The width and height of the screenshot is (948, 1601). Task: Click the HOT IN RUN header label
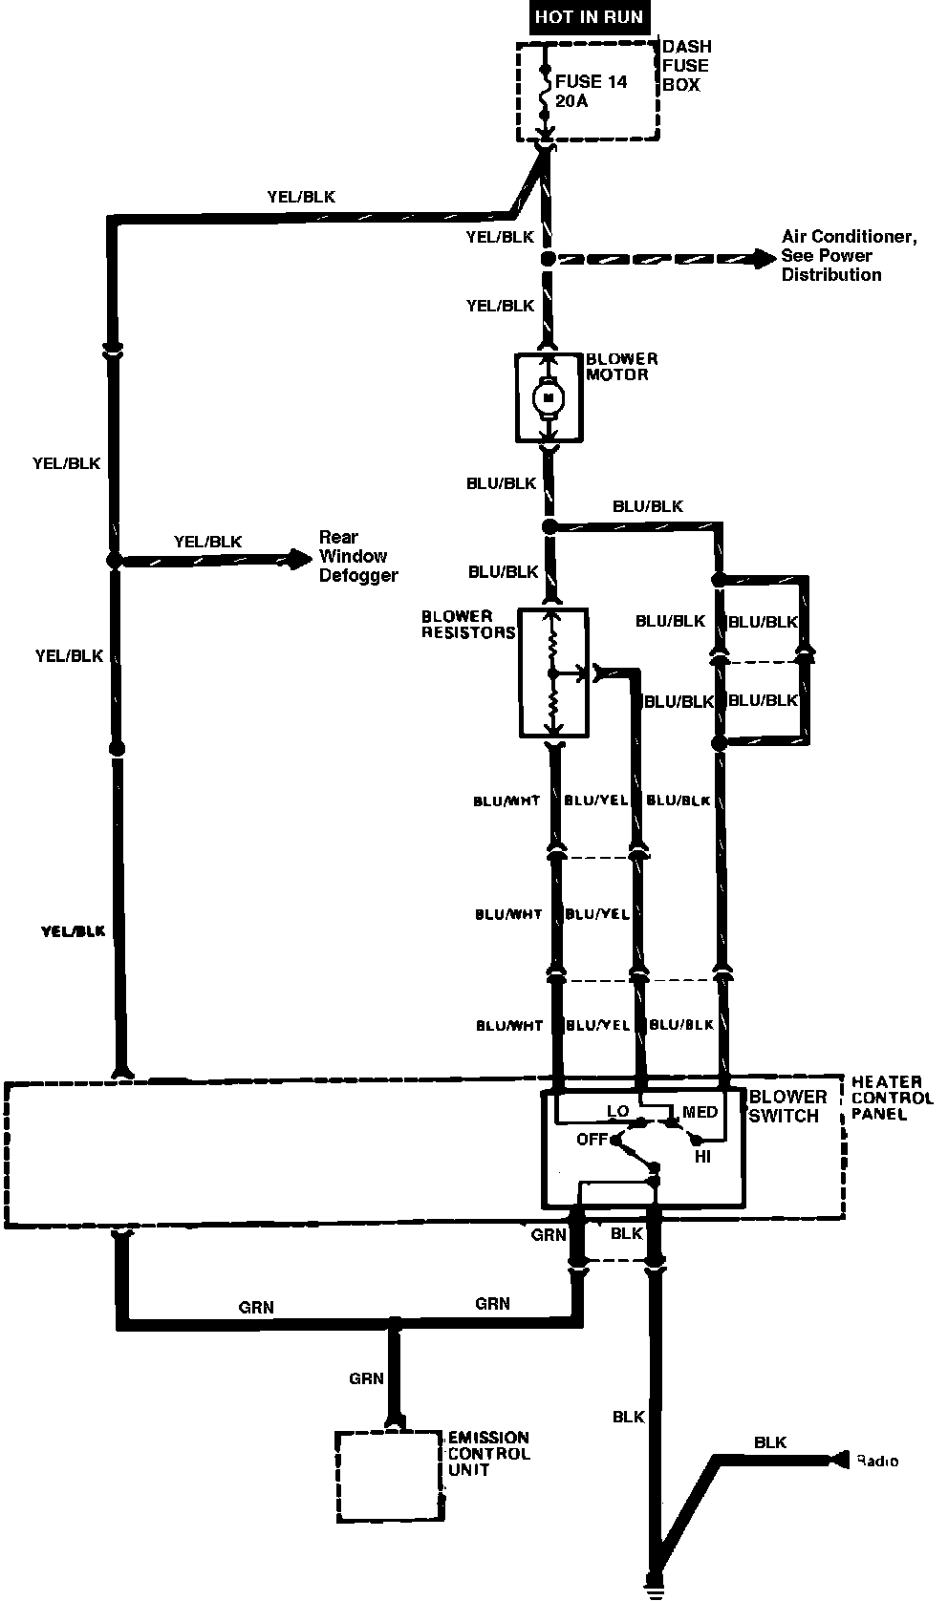(588, 17)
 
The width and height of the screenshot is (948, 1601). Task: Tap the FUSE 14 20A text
(591, 91)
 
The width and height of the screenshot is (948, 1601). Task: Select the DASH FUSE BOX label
(686, 65)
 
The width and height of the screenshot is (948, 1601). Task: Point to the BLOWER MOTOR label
(621, 367)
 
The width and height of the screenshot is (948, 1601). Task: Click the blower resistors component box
(553, 672)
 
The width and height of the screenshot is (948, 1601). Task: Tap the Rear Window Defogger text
(357, 557)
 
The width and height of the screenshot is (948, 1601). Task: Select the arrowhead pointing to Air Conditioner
(765, 257)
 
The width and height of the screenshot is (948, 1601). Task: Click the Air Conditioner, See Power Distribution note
(848, 256)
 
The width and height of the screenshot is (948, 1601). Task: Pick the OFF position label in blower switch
(592, 1140)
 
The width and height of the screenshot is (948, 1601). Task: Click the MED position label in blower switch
(700, 1112)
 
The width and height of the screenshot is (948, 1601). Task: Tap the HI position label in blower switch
(702, 1156)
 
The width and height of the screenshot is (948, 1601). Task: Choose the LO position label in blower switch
(617, 1112)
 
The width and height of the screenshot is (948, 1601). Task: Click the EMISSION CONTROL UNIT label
(488, 1453)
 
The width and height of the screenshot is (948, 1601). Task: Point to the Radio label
(877, 1461)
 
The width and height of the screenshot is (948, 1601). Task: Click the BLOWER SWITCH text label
(787, 1106)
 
